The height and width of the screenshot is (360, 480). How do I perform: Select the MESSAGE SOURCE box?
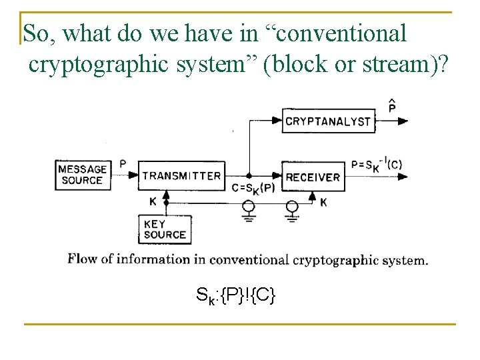coord(81,175)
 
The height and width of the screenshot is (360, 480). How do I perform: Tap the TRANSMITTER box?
coord(181,176)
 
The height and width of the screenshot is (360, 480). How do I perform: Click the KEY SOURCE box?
coord(165,229)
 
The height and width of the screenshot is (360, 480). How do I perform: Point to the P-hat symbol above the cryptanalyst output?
coord(392,105)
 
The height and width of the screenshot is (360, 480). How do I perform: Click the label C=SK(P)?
coord(254,188)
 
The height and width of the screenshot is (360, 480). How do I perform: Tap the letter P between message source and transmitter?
coord(122,163)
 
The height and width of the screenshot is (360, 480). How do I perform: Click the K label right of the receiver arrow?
coord(323,201)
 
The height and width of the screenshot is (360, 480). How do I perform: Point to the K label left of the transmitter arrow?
coord(153,201)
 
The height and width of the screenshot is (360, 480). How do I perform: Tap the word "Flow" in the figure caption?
coord(83,259)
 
